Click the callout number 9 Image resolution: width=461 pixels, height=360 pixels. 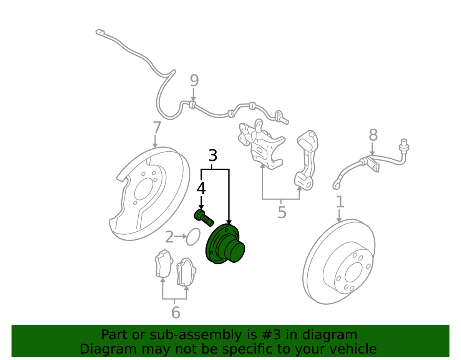click(x=194, y=81)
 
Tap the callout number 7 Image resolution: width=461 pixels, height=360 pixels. click(x=157, y=127)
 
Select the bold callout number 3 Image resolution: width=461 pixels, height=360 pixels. click(x=213, y=155)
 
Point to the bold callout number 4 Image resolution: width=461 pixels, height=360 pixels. click(x=201, y=188)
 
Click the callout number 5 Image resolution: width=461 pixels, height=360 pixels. click(x=282, y=212)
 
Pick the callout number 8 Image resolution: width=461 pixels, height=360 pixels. click(x=373, y=135)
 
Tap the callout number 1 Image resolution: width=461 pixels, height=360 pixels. click(x=340, y=202)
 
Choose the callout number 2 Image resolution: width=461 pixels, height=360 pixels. click(x=169, y=237)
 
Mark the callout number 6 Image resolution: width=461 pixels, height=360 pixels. click(x=176, y=312)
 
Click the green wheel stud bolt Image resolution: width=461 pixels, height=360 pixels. click(x=204, y=218)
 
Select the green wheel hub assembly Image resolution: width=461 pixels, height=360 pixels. click(x=225, y=244)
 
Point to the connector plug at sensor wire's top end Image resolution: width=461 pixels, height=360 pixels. click(x=100, y=32)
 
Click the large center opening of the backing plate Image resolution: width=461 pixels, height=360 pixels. click(x=144, y=189)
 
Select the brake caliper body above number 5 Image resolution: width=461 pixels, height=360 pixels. click(x=261, y=144)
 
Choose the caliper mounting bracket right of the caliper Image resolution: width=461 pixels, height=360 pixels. click(x=307, y=160)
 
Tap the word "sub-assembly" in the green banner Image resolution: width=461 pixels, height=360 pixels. click(x=195, y=335)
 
